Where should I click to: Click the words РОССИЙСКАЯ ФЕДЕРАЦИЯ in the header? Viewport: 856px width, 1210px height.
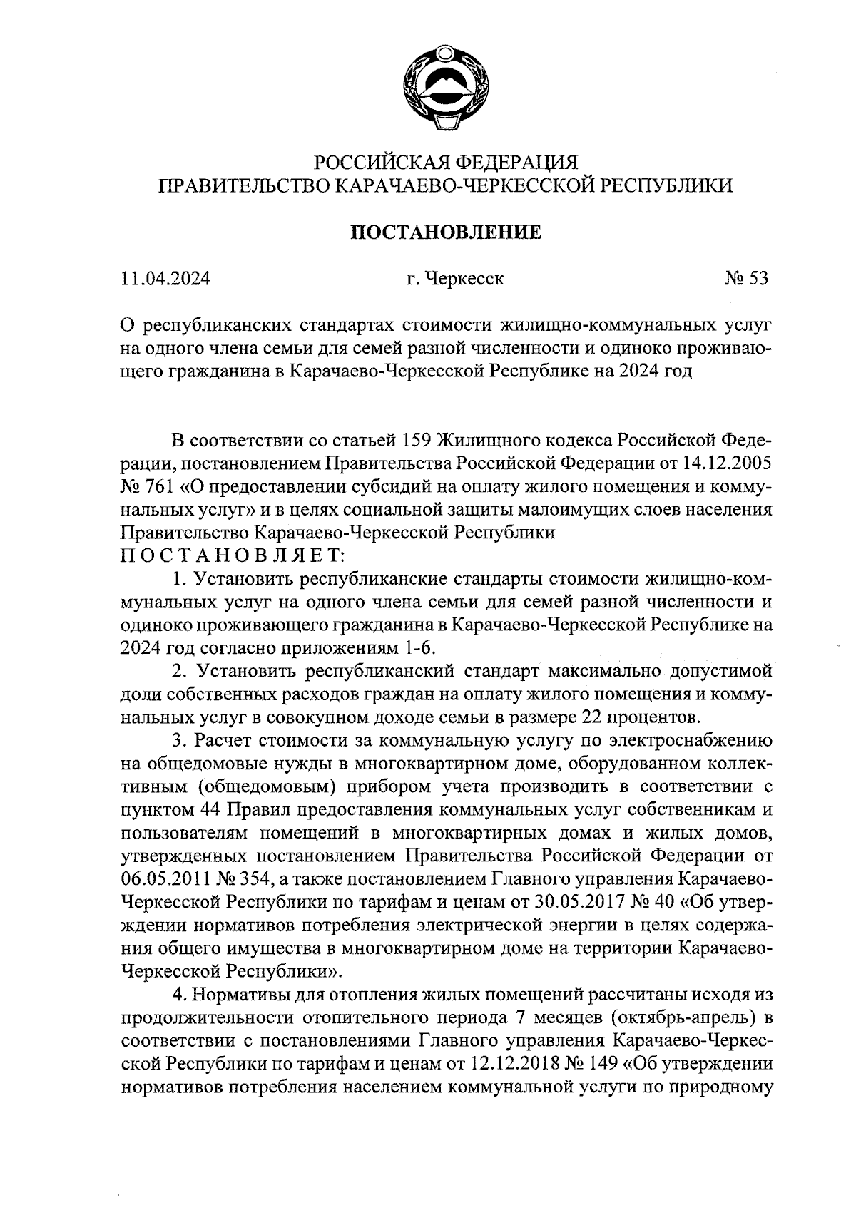pos(444,163)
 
